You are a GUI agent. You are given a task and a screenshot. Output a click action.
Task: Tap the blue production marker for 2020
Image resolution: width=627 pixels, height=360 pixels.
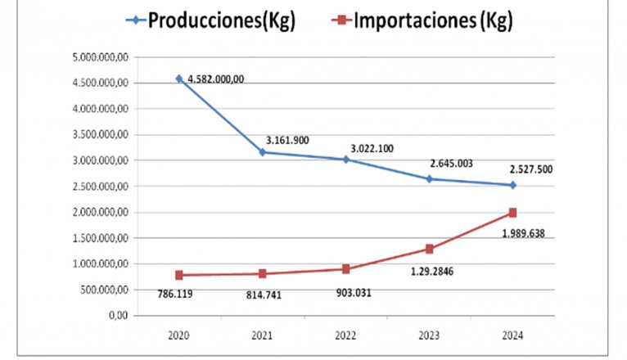click(x=178, y=79)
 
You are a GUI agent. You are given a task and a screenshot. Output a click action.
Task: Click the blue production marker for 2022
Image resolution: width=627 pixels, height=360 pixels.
click(x=345, y=160)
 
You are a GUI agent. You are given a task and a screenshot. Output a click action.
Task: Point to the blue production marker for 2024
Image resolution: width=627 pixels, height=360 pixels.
click(x=512, y=185)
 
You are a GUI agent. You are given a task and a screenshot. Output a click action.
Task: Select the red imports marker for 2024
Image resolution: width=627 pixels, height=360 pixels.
click(x=512, y=213)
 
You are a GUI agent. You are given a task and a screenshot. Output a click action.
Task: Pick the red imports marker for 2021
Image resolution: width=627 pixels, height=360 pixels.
click(x=262, y=273)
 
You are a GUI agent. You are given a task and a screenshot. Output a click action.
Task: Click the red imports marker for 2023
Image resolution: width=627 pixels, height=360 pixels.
click(x=429, y=249)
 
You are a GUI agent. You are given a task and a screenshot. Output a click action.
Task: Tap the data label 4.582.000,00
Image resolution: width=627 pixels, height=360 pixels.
click(x=216, y=79)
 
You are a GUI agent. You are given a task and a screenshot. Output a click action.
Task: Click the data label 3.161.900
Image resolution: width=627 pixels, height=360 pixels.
click(x=286, y=140)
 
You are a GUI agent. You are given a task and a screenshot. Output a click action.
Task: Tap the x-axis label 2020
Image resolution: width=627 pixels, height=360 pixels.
click(x=178, y=335)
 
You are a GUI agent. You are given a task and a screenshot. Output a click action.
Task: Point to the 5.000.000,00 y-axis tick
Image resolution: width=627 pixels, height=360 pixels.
click(x=99, y=57)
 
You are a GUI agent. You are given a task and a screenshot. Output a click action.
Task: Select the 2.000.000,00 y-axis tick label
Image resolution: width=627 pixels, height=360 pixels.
click(x=99, y=212)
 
